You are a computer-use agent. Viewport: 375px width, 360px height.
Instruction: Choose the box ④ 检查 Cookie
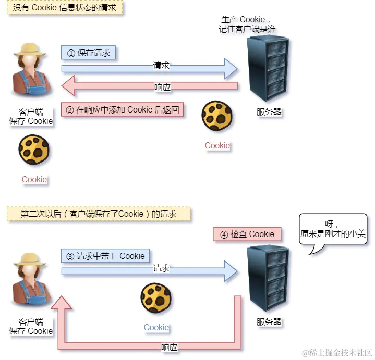pyautogui.click(x=247, y=234)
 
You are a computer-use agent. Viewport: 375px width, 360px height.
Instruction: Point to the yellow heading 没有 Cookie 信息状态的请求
pyautogui.click(x=65, y=8)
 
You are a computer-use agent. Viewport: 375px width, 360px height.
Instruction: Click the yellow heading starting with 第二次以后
pyautogui.click(x=99, y=214)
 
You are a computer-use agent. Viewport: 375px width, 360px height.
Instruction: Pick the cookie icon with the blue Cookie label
pyautogui.click(x=156, y=299)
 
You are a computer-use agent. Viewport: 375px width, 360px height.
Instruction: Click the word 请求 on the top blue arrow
pyautogui.click(x=161, y=66)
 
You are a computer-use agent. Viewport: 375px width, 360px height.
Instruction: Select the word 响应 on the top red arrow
pyautogui.click(x=163, y=88)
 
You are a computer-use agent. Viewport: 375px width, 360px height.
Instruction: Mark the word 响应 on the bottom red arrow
pyautogui.click(x=169, y=347)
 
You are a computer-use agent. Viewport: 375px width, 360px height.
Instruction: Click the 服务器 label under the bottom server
pyautogui.click(x=269, y=322)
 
